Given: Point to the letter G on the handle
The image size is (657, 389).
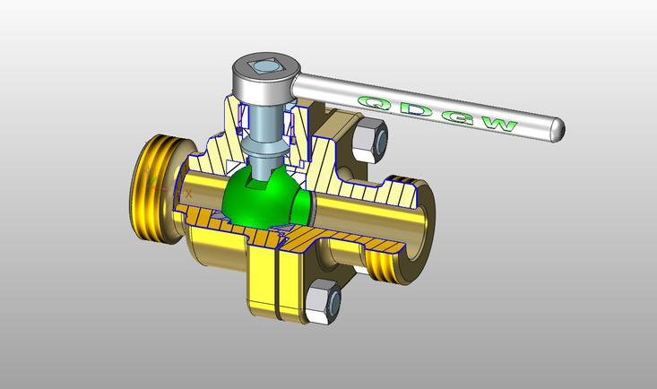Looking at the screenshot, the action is click(458, 117).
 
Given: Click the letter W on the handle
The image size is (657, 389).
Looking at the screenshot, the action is click(499, 125).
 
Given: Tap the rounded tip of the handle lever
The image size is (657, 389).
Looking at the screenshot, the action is click(558, 130).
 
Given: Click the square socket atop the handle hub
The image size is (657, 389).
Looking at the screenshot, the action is click(264, 65).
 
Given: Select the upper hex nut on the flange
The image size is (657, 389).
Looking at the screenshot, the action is click(369, 141).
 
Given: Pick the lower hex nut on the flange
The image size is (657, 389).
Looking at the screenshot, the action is click(323, 301).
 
